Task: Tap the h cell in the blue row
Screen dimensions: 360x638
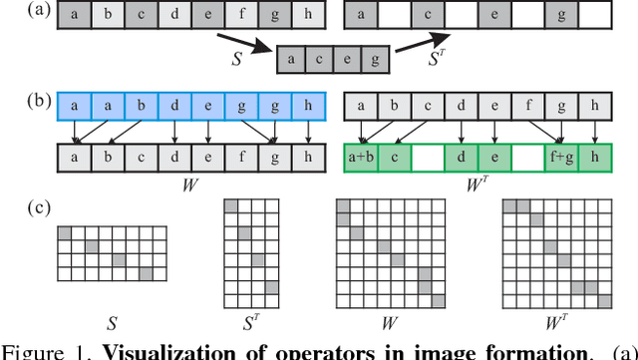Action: (x=308, y=105)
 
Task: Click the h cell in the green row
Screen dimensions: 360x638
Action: (x=594, y=158)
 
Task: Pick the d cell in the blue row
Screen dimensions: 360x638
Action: (x=175, y=105)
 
